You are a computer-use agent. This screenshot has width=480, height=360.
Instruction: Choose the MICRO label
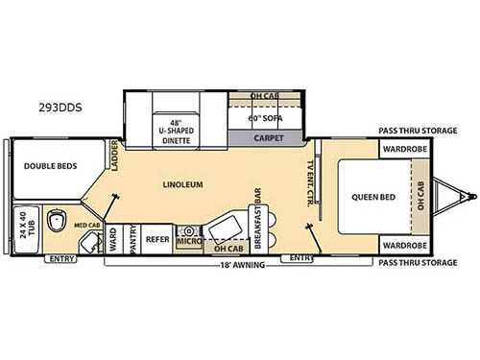tap(187, 244)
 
